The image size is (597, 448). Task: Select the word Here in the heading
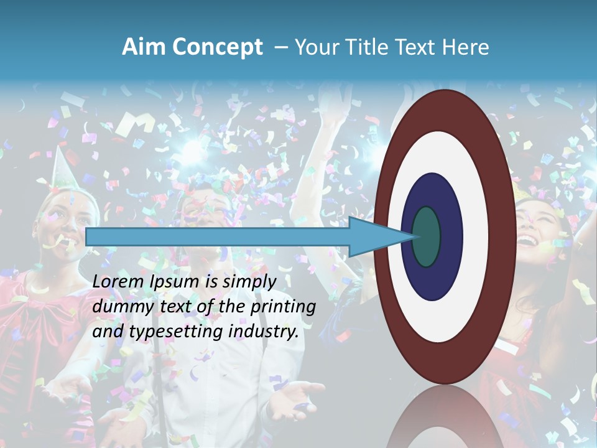466,47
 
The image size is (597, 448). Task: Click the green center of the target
427,236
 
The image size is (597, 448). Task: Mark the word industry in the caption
264,332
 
